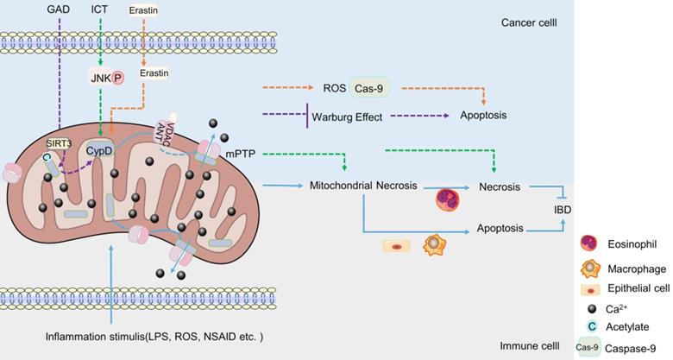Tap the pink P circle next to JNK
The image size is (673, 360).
point(118,78)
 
